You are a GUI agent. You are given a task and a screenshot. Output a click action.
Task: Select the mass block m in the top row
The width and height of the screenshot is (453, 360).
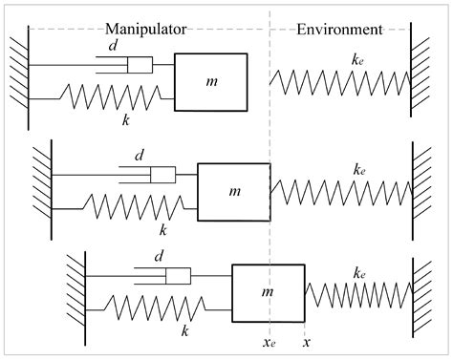click(210, 83)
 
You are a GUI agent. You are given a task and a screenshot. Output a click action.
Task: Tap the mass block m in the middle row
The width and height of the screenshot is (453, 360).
click(233, 191)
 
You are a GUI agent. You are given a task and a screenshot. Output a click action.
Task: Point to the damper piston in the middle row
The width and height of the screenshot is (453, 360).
click(162, 175)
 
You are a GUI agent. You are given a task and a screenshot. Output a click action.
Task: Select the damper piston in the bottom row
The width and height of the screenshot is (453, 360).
click(180, 276)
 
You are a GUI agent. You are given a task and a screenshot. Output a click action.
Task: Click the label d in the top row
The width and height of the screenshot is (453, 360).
click(115, 47)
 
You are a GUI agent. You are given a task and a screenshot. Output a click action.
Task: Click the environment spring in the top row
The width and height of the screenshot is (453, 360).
click(339, 82)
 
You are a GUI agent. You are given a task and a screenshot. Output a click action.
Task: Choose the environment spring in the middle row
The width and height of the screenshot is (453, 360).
click(339, 191)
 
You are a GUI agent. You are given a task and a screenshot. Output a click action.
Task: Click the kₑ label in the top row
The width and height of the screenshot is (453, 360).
click(357, 59)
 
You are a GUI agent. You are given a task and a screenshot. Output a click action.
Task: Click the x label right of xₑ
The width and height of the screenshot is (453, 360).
click(305, 339)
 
